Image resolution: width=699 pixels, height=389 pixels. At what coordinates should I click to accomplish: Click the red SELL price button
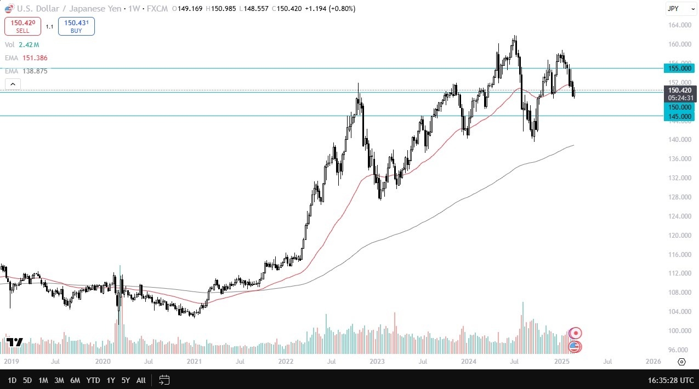(22, 26)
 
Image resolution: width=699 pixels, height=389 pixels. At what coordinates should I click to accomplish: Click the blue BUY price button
(76, 26)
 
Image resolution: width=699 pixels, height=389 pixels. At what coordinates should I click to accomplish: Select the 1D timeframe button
(12, 380)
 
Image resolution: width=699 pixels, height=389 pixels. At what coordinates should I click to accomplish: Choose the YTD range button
(93, 380)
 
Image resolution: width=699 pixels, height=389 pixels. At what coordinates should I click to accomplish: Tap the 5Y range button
(126, 380)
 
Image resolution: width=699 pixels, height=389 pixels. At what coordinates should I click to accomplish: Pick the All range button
(141, 380)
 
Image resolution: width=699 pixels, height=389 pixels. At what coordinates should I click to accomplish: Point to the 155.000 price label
(679, 68)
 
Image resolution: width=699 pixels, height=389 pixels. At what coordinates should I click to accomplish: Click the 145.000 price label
(679, 116)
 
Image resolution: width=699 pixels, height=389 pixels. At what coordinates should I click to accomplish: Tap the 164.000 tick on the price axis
(679, 25)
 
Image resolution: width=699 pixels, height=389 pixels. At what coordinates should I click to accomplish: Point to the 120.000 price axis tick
(679, 236)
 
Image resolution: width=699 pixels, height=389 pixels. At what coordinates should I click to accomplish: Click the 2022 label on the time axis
(286, 362)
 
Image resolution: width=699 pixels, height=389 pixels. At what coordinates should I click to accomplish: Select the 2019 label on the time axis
(11, 362)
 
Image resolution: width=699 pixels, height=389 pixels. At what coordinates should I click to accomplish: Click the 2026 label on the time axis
(653, 362)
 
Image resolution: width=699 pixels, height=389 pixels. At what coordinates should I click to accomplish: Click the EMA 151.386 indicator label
(25, 58)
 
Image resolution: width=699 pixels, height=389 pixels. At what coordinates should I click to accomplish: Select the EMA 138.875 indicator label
(25, 71)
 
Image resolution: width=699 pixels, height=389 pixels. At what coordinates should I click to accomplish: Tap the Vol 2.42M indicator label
(22, 44)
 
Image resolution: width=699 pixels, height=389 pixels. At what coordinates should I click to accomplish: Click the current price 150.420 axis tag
(679, 90)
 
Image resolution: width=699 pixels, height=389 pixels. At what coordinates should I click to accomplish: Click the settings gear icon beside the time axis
(681, 362)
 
